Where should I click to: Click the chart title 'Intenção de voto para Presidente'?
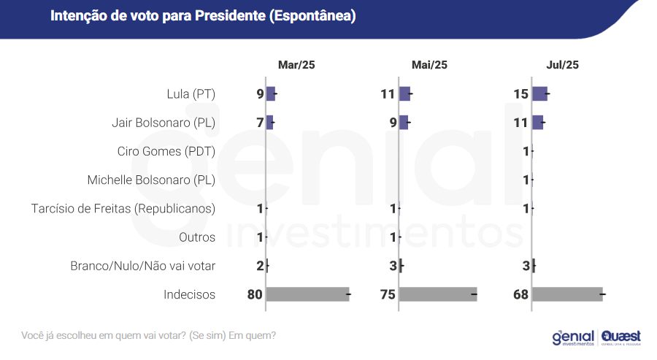tap(203, 16)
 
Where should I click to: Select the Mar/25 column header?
tap(296, 65)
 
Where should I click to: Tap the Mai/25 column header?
tap(429, 65)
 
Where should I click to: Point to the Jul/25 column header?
tap(562, 65)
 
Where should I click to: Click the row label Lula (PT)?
tap(191, 93)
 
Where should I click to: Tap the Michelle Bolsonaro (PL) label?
tap(151, 180)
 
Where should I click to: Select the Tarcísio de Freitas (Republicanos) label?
tap(123, 209)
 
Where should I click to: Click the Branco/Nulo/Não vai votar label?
tap(143, 266)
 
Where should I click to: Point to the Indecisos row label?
tap(190, 294)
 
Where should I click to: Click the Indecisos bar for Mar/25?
tap(307, 294)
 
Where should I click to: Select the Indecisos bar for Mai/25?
tap(438, 294)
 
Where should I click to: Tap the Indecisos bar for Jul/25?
tap(567, 294)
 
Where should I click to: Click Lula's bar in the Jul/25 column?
tap(539, 93)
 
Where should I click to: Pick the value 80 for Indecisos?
tap(255, 294)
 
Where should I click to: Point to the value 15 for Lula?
tap(520, 94)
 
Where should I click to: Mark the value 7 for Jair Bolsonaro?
tap(260, 123)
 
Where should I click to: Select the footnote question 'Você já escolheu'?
tap(149, 336)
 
